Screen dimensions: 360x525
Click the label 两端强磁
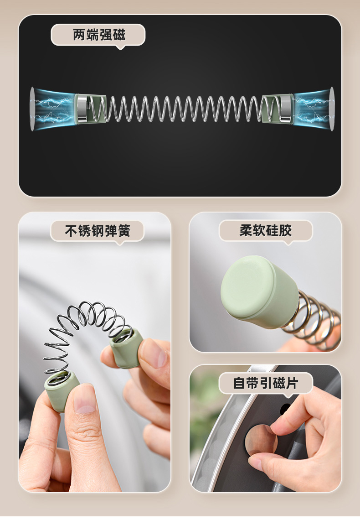point(99,35)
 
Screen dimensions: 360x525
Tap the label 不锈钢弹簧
point(98,231)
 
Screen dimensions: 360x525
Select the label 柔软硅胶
point(266,230)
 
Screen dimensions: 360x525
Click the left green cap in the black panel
point(90,109)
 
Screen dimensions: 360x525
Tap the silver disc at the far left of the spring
point(32,109)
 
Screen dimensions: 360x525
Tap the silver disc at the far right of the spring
point(332,109)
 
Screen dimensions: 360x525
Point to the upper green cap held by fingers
point(127,348)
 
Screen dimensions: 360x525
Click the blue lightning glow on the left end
point(53,109)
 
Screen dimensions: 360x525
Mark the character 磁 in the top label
point(119,35)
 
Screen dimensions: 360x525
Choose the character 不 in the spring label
point(71,231)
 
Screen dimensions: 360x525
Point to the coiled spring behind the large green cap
point(313,322)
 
